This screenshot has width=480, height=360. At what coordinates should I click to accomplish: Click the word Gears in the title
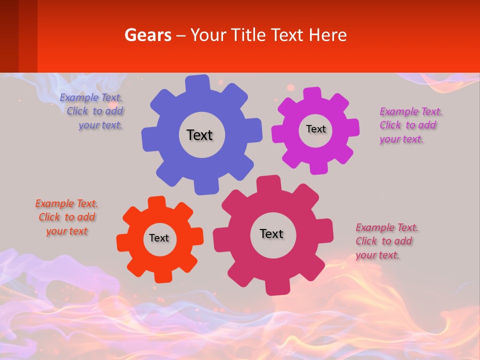pyautogui.click(x=147, y=35)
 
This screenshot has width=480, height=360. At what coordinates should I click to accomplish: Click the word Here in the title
pyautogui.click(x=328, y=35)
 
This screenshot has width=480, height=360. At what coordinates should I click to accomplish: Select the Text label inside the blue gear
pyautogui.click(x=199, y=135)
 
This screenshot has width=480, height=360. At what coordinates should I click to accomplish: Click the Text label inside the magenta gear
pyautogui.click(x=315, y=129)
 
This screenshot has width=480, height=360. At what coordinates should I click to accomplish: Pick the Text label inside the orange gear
pyautogui.click(x=159, y=238)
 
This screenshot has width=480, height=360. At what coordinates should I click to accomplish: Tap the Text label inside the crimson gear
pyautogui.click(x=271, y=233)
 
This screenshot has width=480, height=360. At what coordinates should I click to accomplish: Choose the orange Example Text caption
pyautogui.click(x=67, y=217)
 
